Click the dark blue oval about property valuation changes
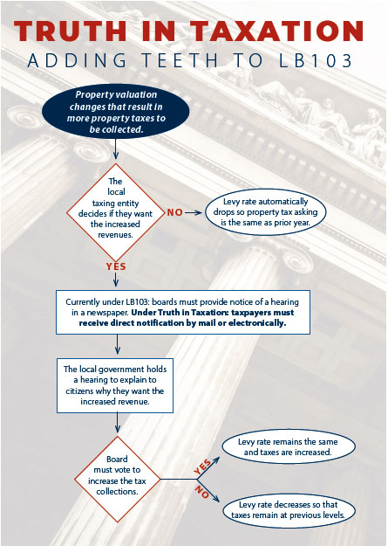click(x=116, y=112)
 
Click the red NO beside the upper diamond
click(x=175, y=212)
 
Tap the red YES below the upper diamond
click(x=116, y=266)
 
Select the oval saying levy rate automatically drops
click(x=265, y=212)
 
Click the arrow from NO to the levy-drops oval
click(x=194, y=213)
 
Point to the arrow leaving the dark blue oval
click(x=116, y=150)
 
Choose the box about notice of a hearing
click(x=183, y=312)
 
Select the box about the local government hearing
click(x=115, y=385)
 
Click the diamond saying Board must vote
click(x=117, y=479)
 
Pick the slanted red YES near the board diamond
click(x=202, y=467)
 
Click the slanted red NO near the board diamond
click(x=201, y=491)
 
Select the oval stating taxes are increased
click(x=289, y=446)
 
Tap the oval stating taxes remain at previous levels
click(x=289, y=510)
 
